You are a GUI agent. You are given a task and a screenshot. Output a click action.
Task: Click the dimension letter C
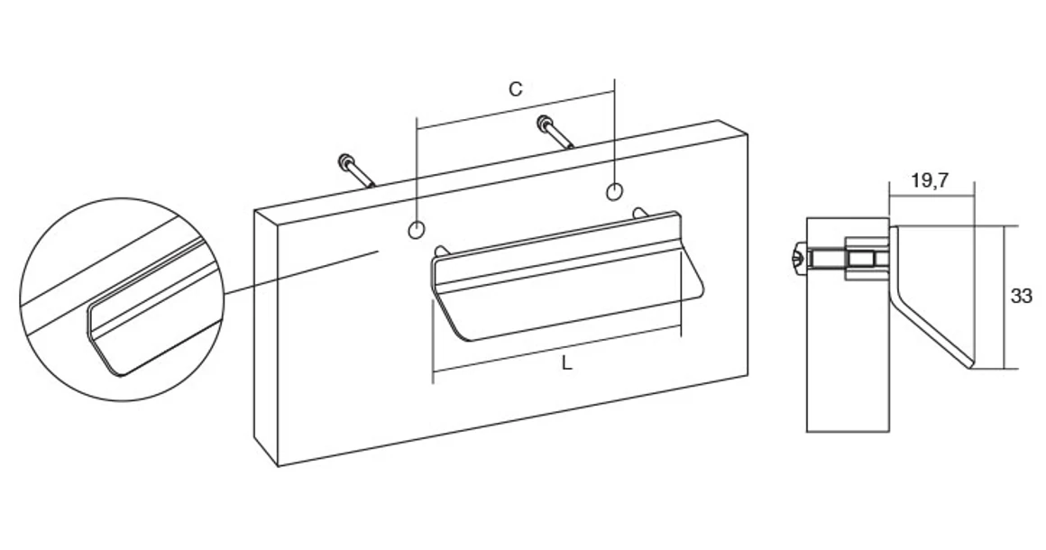click(515, 88)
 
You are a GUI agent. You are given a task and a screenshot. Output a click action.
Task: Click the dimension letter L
click(567, 363)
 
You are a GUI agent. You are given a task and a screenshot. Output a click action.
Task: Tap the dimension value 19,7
click(930, 180)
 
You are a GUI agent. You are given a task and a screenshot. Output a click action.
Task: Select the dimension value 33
click(1022, 296)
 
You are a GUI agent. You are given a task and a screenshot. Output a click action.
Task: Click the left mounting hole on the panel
click(417, 230)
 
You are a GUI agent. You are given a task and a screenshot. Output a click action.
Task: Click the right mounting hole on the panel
click(614, 191)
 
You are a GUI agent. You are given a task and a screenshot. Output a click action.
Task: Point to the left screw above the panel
click(357, 170)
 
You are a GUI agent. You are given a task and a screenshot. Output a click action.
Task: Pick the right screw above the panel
click(555, 132)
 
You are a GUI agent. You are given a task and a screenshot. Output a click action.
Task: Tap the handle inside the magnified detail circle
click(153, 314)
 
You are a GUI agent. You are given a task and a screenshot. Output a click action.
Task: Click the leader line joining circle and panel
click(301, 272)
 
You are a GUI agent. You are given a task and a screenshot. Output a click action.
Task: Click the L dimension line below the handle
click(557, 348)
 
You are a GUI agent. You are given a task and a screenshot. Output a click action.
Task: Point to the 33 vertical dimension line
click(1004, 298)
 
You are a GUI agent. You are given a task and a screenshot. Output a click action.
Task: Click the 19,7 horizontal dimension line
click(931, 196)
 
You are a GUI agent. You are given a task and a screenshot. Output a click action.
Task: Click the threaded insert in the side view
click(865, 258)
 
